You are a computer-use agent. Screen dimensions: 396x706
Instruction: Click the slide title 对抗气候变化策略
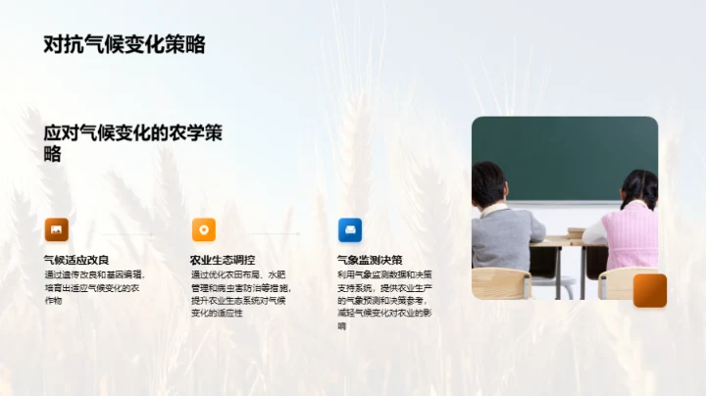(125, 44)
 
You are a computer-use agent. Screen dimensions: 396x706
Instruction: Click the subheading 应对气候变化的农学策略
(132, 143)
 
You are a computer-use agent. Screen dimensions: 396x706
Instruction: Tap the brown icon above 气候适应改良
(56, 229)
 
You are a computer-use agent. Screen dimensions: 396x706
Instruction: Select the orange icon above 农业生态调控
(203, 229)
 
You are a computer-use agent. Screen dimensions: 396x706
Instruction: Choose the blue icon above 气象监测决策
(350, 229)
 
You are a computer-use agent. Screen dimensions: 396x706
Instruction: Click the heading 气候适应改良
(76, 260)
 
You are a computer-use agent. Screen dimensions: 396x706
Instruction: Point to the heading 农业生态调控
(223, 260)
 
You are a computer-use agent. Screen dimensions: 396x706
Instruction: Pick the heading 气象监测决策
(370, 260)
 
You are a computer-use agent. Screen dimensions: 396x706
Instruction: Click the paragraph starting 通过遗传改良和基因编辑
(94, 287)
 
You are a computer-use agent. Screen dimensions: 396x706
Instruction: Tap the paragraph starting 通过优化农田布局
(240, 300)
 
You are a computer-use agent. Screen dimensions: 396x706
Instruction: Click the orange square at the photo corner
(649, 290)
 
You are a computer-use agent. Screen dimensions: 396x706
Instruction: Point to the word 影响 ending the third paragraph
(342, 325)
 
